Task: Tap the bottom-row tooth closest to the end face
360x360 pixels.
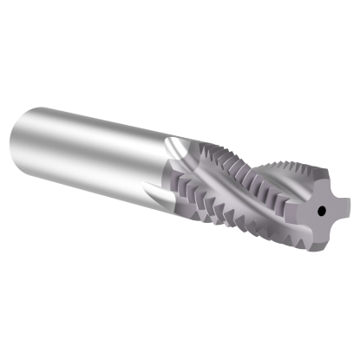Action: coord(286,239)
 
